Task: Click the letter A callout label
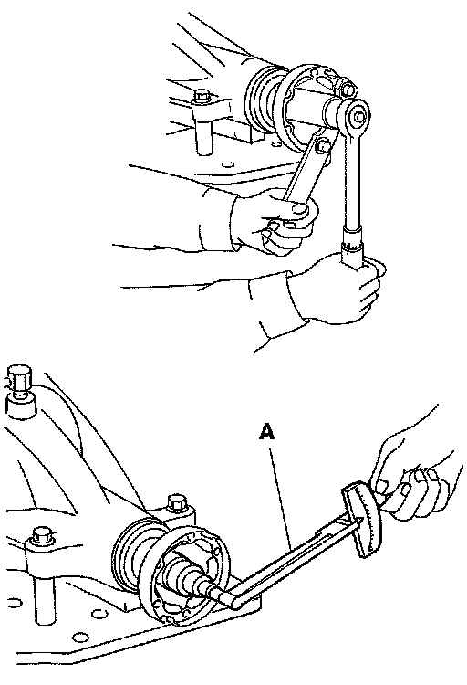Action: pos(266,431)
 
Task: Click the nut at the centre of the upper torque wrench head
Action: pos(358,116)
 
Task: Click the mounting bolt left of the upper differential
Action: pos(202,98)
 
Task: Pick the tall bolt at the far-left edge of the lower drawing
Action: pos(19,383)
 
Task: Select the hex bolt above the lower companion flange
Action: pos(177,502)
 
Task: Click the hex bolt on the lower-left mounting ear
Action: pos(42,535)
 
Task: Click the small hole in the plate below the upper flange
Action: pos(226,164)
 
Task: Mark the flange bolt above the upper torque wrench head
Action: pos(347,89)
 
